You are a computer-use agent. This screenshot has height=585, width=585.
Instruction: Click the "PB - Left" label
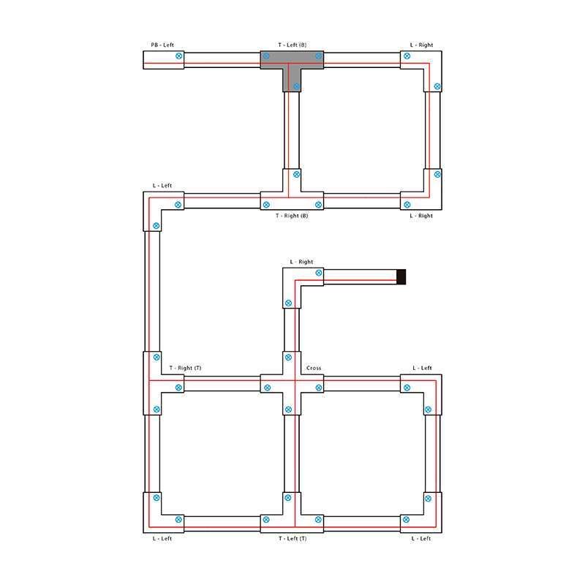point(162,45)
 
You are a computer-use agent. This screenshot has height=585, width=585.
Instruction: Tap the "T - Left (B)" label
point(292,45)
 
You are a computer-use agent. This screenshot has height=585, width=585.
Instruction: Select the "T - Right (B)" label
point(292,216)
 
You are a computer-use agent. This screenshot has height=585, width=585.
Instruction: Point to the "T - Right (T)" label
point(186,368)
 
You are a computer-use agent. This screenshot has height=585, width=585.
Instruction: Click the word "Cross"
point(314,368)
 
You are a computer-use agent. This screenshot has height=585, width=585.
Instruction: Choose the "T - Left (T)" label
point(292,538)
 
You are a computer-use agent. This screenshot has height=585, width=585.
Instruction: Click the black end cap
point(401,277)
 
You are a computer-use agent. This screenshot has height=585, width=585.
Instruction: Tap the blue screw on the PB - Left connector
point(179,56)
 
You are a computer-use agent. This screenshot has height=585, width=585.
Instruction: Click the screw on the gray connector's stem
point(296,86)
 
